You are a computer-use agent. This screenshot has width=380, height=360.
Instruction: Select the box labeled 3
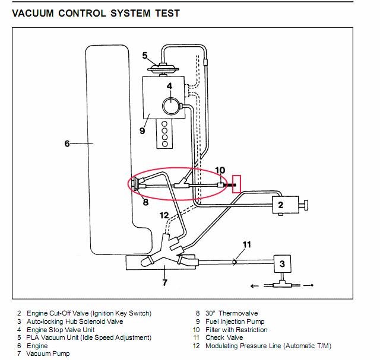(283, 263)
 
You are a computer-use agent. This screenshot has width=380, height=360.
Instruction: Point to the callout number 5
(145, 55)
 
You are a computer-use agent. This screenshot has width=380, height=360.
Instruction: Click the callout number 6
(66, 143)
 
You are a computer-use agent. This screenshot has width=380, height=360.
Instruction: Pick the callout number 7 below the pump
(164, 283)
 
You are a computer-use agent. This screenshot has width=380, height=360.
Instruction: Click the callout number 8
(145, 202)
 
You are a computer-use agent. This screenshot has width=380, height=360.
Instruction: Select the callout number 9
(142, 130)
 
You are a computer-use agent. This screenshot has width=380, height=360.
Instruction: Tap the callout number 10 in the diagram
(220, 171)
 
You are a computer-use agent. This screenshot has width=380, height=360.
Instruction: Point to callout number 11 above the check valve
(247, 244)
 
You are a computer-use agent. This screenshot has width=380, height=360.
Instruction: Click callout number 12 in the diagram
(164, 215)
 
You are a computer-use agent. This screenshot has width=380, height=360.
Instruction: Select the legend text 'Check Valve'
(224, 337)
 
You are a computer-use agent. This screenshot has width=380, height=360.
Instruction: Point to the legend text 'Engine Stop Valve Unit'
(64, 330)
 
